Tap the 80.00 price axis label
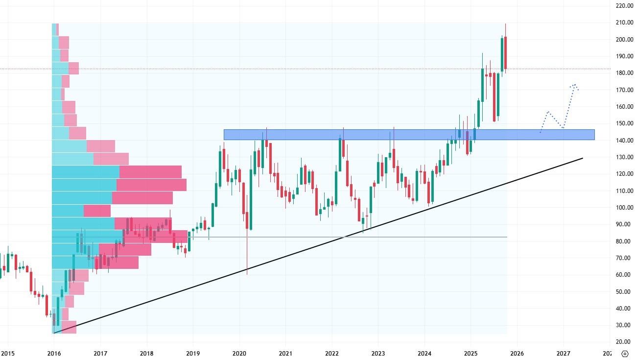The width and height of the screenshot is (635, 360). (x=624, y=241)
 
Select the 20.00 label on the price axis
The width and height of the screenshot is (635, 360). (x=624, y=342)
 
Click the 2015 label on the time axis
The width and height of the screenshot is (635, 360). (x=8, y=353)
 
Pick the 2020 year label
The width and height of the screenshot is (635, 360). (x=239, y=353)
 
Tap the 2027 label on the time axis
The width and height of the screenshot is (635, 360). (x=563, y=353)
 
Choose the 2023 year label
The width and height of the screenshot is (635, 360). (x=378, y=353)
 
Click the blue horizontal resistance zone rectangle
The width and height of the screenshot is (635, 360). (x=409, y=135)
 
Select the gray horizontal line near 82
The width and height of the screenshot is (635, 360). (x=343, y=237)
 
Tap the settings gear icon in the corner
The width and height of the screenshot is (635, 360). (x=625, y=354)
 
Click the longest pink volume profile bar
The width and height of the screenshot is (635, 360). (x=151, y=185)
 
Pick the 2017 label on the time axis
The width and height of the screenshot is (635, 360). (x=100, y=353)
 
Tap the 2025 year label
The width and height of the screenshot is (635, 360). (x=470, y=353)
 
